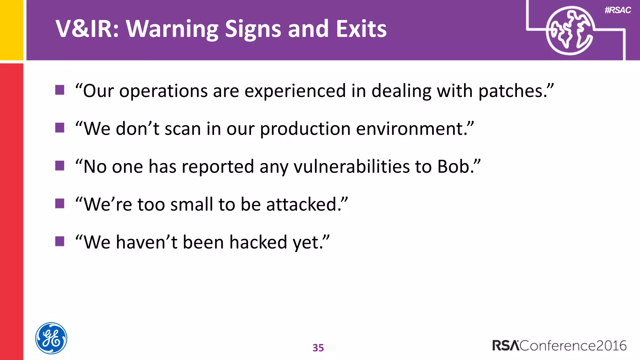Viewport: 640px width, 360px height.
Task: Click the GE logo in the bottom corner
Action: click(51, 338)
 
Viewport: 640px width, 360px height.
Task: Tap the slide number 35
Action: click(318, 347)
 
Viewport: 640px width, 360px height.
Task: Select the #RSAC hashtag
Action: click(617, 10)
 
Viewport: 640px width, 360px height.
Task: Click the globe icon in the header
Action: click(569, 31)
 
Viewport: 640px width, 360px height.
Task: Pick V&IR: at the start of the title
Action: click(87, 29)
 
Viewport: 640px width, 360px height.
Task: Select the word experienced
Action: click(295, 91)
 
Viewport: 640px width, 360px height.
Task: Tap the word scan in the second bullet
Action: click(183, 129)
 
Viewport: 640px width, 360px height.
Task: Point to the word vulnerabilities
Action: click(351, 166)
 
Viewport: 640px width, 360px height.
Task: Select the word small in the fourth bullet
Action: click(192, 204)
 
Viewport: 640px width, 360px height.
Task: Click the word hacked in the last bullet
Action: click(258, 242)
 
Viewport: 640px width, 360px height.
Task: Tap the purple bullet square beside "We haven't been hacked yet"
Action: click(60, 241)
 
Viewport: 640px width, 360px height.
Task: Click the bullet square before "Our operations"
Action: click(60, 90)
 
